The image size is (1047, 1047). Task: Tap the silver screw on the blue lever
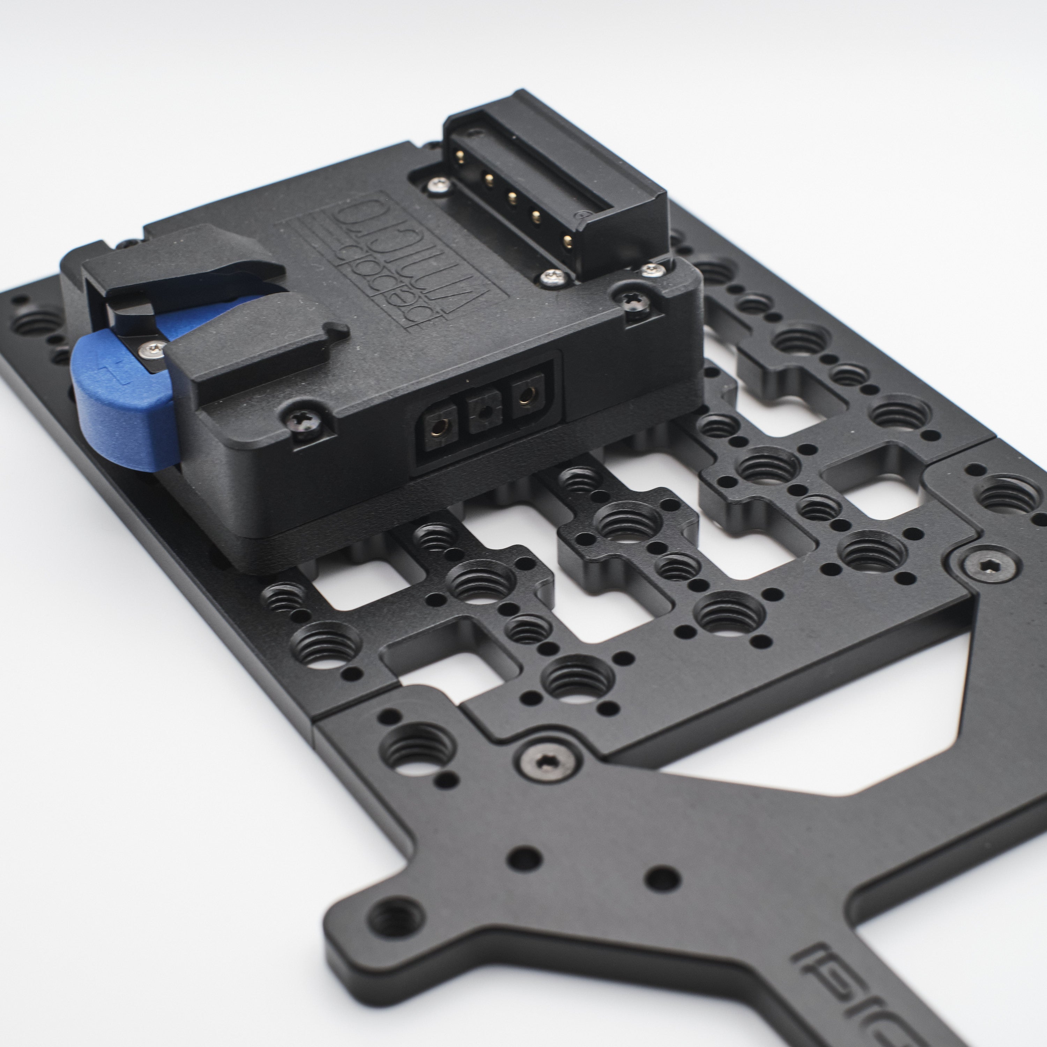[152, 350]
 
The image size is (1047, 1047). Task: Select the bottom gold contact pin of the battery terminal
[568, 240]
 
